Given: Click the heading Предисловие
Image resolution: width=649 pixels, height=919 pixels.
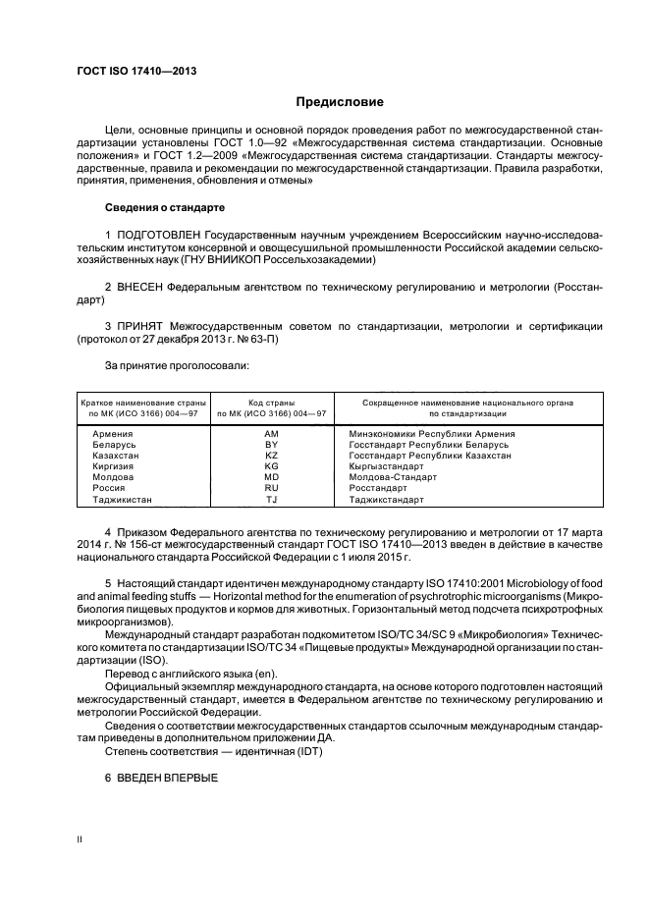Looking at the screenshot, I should tap(341, 101).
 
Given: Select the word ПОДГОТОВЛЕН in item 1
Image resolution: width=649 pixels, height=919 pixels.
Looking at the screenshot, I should tap(161, 237).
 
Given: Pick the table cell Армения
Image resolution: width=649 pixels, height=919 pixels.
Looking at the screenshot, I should tap(114, 433).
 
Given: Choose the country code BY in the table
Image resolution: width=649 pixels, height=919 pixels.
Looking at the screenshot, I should tap(272, 445).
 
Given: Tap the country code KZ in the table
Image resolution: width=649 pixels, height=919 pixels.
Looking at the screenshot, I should tap(272, 456).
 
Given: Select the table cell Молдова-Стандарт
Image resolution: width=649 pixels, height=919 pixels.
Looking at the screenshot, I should tap(393, 477).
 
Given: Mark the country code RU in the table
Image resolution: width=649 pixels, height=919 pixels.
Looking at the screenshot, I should tap(272, 488).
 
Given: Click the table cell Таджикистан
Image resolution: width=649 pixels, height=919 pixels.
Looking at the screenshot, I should tap(122, 499).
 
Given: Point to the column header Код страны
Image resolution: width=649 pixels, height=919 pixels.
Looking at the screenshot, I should tap(272, 403).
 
